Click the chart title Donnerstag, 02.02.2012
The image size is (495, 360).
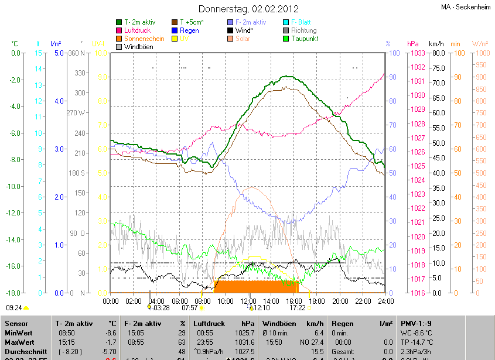click(x=248, y=9)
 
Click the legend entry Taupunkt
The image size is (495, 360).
click(x=305, y=38)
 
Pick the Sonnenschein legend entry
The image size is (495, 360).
click(x=144, y=38)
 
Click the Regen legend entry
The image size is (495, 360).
click(x=189, y=30)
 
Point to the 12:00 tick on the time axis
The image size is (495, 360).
click(x=249, y=301)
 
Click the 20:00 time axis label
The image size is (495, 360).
click(x=340, y=301)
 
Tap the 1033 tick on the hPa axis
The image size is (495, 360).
click(x=417, y=53)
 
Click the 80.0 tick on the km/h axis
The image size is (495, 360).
click(x=437, y=53)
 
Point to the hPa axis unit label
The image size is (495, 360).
click(x=413, y=44)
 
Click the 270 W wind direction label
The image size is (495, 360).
click(x=76, y=113)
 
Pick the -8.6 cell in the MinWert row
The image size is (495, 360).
click(x=111, y=332)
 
